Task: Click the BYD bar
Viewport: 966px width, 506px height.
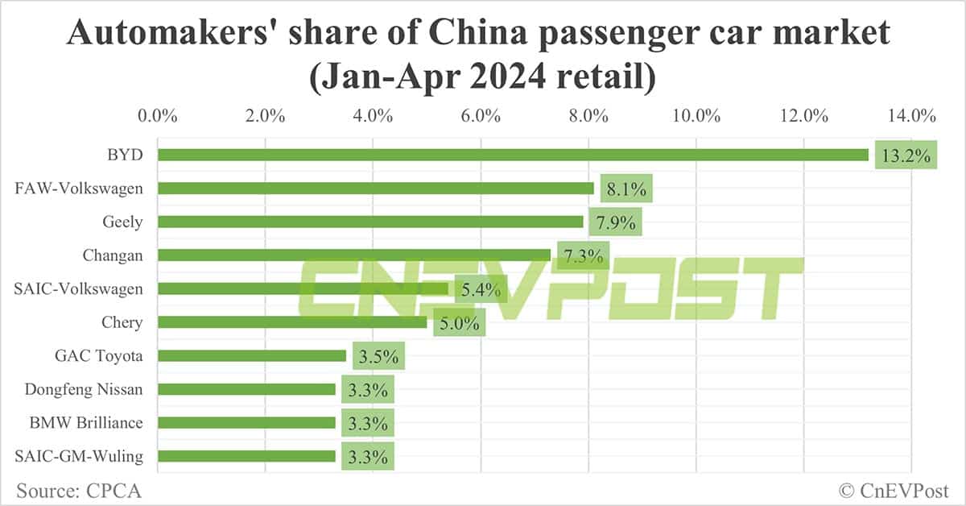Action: coord(513,155)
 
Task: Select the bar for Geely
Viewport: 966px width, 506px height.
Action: coord(370,222)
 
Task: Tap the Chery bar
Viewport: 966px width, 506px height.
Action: coord(292,322)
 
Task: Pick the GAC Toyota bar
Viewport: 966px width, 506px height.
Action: coord(252,355)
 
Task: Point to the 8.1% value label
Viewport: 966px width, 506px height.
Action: coord(625,190)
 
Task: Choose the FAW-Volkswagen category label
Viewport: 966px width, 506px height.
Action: coord(79,189)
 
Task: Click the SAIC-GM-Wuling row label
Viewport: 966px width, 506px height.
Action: coord(79,456)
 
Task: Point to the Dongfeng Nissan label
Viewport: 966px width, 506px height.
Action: coord(84,389)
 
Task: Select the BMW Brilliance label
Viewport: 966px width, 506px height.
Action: coord(91,422)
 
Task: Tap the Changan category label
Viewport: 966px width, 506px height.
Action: coord(113,255)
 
